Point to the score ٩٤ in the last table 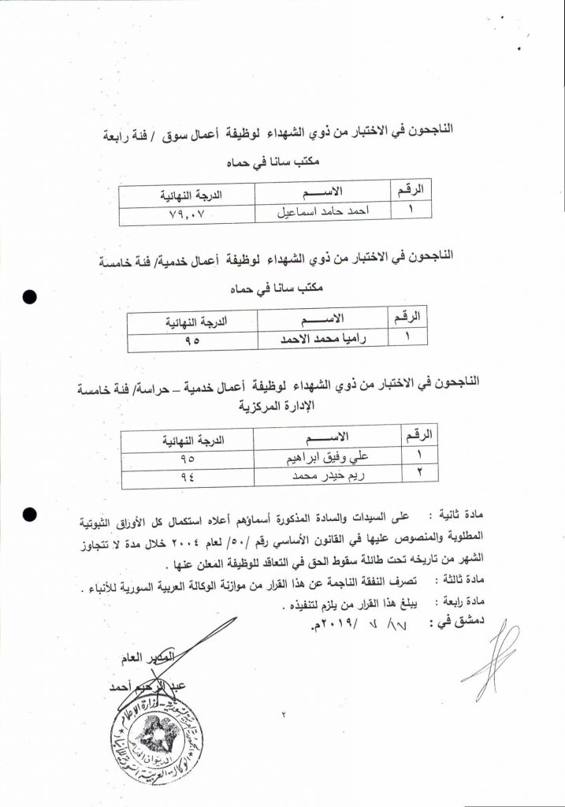pyautogui.click(x=188, y=474)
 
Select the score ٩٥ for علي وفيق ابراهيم pyautogui.click(x=188, y=456)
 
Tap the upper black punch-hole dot pyautogui.click(x=31, y=298)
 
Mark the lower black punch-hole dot pyautogui.click(x=31, y=515)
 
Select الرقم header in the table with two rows pyautogui.click(x=415, y=434)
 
